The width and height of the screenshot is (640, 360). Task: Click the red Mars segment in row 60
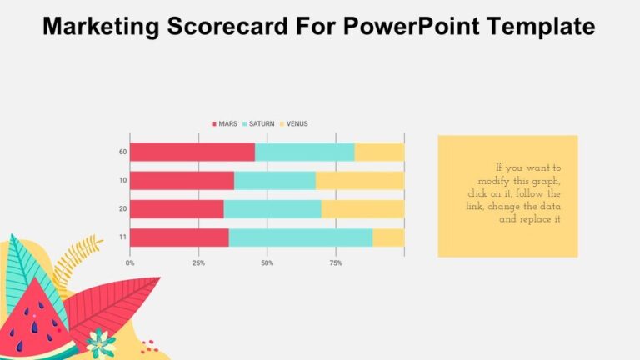[192, 152]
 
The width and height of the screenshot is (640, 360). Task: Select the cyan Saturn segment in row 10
[274, 181]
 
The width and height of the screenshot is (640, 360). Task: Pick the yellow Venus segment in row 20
[362, 209]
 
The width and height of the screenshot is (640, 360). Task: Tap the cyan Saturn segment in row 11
[300, 237]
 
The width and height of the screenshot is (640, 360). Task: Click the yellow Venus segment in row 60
[379, 152]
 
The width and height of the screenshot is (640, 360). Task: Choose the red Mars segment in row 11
[179, 237]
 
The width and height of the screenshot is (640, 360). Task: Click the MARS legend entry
[225, 123]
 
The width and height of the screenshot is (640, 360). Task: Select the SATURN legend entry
[258, 123]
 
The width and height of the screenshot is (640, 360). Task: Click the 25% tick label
[198, 262]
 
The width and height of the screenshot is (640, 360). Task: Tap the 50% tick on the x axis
[267, 262]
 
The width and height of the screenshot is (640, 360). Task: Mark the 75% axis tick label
[336, 262]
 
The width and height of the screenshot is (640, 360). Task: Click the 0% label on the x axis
[130, 262]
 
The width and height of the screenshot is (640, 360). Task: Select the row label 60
[122, 152]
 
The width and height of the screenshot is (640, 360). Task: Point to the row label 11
[122, 237]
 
